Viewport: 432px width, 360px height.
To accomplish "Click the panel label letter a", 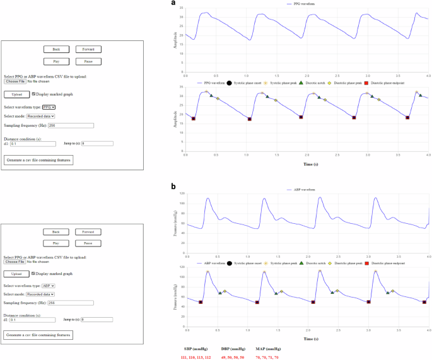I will tap(174, 3).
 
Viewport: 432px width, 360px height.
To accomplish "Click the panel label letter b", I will tap(174, 187).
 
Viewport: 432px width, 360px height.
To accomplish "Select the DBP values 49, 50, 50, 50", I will tap(232, 357).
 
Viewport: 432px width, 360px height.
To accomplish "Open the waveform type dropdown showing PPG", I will tap(49, 107).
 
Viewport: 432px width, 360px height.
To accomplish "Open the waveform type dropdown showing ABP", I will tap(49, 286).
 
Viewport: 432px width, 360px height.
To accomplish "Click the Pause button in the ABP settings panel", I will tap(88, 243).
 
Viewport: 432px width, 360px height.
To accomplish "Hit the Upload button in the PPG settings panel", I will tap(17, 95).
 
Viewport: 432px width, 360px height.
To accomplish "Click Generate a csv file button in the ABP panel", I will tap(38, 335).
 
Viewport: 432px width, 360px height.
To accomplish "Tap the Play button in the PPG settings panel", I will tap(56, 61).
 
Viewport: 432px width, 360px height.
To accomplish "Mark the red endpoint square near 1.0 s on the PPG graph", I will tap(250, 119).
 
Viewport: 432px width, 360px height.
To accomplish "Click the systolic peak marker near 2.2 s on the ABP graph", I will tap(320, 271).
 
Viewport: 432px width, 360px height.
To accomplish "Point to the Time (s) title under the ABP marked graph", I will tap(307, 339).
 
